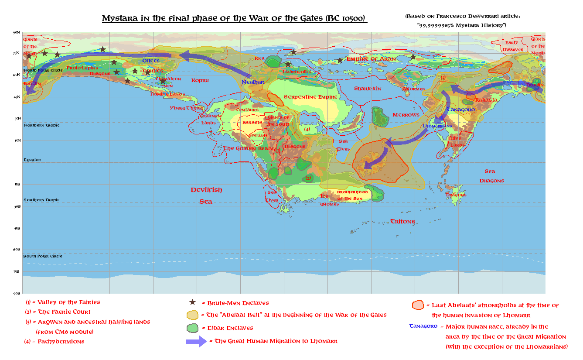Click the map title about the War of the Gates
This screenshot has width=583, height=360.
pos(234,18)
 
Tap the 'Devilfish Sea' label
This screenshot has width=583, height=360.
pos(206,195)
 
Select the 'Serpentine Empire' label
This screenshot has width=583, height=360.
pos(310,96)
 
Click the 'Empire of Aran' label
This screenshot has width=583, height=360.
pos(371,59)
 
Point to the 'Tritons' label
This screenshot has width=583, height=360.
pos(402,221)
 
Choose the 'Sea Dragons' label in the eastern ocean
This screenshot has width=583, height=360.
pos(491,176)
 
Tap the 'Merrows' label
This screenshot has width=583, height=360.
pos(406,115)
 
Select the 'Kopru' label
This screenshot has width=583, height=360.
pos(200,80)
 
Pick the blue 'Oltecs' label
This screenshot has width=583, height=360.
pos(151,60)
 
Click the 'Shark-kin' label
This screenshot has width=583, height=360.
pos(368,88)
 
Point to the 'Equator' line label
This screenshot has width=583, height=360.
pos(32,160)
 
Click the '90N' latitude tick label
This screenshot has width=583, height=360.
pos(17,32)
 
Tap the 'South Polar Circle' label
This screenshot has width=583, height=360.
pos(43,256)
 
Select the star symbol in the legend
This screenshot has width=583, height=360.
pos(192,302)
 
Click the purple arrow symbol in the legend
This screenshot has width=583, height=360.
pos(196,341)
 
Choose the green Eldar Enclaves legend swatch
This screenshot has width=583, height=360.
pos(192,328)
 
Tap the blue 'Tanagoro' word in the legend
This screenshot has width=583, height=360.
pos(423,326)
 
